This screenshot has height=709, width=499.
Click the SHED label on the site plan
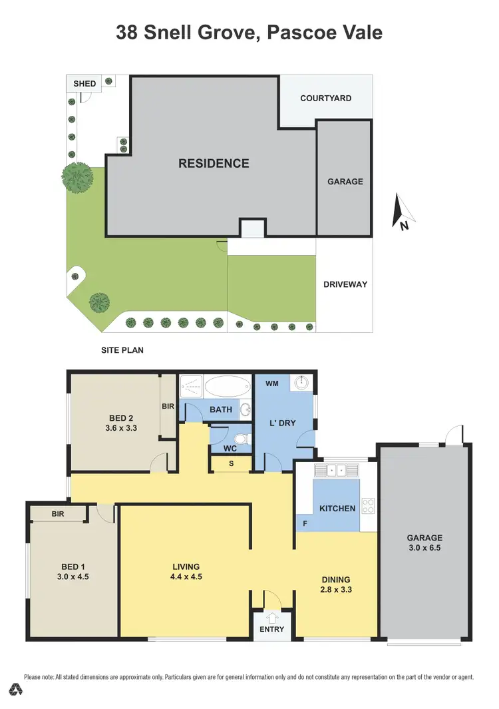tap(84, 84)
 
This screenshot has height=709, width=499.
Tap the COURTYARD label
tap(325, 98)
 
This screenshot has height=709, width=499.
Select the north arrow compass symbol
tap(402, 212)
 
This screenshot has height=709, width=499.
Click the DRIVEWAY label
tap(345, 284)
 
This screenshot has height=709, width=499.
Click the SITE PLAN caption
tap(122, 350)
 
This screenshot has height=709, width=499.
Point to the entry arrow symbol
tap(271, 618)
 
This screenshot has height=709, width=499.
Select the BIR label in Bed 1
tap(57, 514)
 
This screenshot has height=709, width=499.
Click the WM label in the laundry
tap(272, 384)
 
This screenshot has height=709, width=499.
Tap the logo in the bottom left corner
tap(14, 688)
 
